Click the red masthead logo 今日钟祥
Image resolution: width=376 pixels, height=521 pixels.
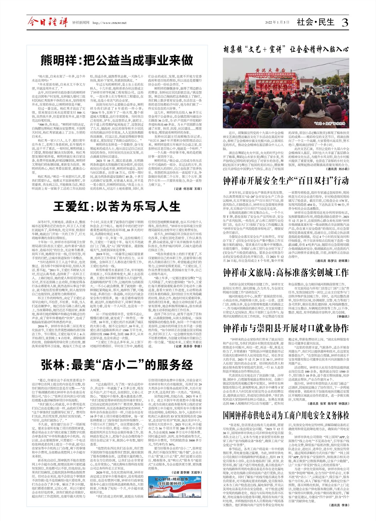point(48,23)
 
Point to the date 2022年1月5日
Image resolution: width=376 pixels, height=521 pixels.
point(277,22)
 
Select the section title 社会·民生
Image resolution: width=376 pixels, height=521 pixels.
point(315,22)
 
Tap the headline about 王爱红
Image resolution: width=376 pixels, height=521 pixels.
point(116,206)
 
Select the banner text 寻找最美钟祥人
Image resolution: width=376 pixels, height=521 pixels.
point(172,484)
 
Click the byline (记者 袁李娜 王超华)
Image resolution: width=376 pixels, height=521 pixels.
point(188,472)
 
